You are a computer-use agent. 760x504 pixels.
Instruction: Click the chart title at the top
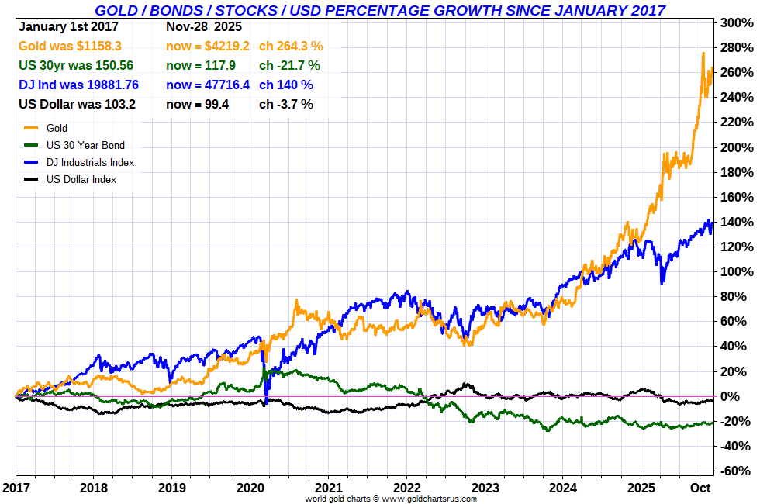point(379,10)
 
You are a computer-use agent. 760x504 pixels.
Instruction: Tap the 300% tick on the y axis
point(738,23)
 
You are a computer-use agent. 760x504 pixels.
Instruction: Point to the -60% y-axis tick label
point(738,471)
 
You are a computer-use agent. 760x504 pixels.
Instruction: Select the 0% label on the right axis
point(742,397)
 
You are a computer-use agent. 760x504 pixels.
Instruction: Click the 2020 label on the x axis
point(250,488)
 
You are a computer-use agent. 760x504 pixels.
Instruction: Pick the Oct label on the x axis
point(700,488)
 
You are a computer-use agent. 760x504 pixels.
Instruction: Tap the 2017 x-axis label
point(16,488)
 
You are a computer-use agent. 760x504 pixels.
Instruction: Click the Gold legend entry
point(57,128)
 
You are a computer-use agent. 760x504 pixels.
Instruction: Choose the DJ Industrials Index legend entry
point(90,162)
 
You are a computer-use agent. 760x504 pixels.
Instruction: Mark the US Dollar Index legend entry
point(81,179)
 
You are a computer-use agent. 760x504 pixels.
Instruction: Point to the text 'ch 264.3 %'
point(291,46)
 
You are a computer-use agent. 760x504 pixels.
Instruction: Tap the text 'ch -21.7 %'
point(289,65)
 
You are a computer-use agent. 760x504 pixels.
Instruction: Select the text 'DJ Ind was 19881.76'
point(78,85)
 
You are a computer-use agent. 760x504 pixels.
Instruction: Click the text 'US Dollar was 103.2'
point(77,104)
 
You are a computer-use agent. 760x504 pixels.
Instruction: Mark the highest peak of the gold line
point(703,53)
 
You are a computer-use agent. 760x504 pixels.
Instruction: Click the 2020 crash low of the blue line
point(266,402)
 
